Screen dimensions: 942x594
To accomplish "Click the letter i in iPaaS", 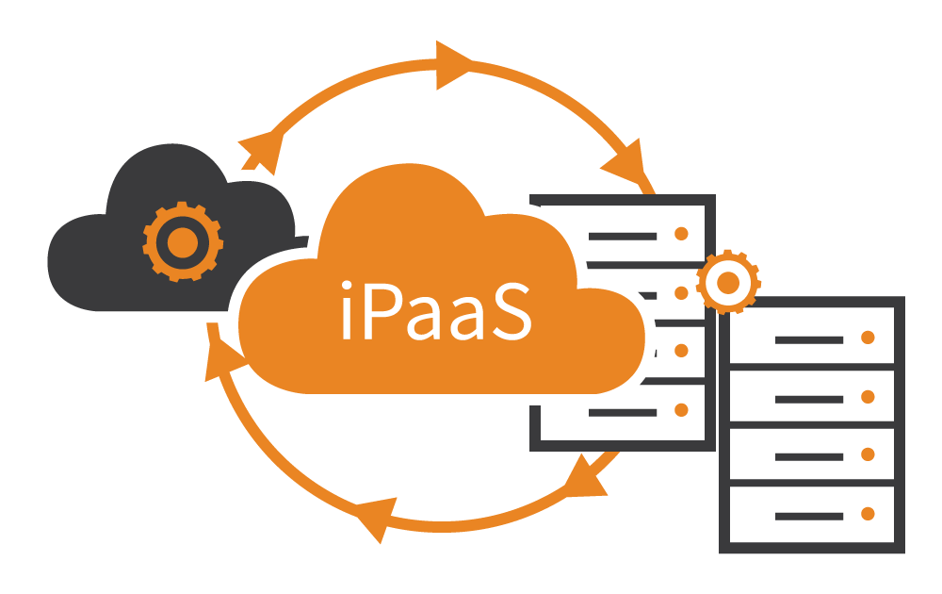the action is coord(347,309).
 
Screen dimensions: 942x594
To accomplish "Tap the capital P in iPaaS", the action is coord(382,311).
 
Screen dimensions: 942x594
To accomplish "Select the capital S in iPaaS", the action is coord(512,311).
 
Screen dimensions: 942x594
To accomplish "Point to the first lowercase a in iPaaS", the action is coord(424,319).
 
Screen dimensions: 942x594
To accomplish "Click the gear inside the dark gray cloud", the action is coord(183,242).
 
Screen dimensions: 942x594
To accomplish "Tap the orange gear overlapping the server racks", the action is coord(728,282).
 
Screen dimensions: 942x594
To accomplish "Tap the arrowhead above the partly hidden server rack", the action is coord(625,161).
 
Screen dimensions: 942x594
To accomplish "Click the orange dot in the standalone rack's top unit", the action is coord(868,338).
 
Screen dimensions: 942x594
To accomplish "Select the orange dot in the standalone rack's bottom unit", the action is coord(868,514).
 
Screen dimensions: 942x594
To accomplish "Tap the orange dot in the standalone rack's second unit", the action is coord(868,397).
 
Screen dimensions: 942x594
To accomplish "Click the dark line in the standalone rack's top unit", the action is coord(809,340).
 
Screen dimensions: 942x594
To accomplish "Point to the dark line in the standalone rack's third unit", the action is coord(809,457).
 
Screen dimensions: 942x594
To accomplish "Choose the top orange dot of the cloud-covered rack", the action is coord(681,234).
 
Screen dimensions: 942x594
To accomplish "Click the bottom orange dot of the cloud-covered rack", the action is coord(681,410).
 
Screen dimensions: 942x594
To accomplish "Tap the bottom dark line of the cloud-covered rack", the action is coord(623,413).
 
